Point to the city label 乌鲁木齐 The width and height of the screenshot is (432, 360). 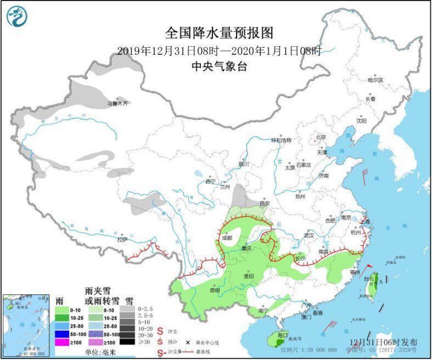click(117, 103)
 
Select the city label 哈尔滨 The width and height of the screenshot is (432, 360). click(375, 80)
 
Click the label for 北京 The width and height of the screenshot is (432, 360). click(321, 137)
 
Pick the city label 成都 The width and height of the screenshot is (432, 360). click(228, 238)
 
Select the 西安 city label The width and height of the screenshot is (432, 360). click(266, 204)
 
